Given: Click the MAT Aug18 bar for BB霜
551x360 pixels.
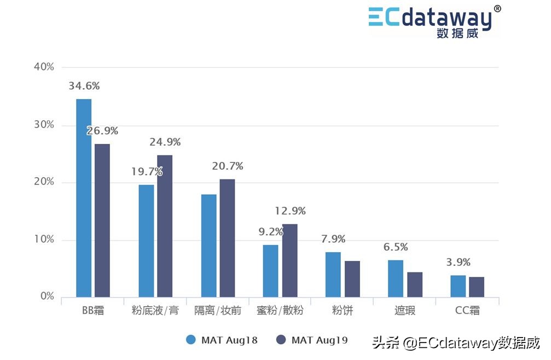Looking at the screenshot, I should click(x=84, y=198).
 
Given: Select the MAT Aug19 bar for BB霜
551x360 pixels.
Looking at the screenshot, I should click(x=102, y=220).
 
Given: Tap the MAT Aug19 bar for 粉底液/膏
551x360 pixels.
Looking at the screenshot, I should click(x=165, y=226).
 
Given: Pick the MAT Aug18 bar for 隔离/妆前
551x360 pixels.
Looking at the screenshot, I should click(x=208, y=246).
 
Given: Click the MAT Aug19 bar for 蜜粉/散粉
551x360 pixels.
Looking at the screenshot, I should click(x=290, y=260).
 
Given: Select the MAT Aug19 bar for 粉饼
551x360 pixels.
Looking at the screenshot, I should click(x=352, y=279).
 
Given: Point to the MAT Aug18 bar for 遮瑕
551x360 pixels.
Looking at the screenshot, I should click(x=396, y=278).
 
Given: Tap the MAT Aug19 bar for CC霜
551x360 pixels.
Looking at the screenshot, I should click(x=477, y=287).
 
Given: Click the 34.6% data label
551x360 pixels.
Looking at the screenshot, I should click(x=84, y=86).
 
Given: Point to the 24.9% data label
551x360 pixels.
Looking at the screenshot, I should click(x=165, y=142).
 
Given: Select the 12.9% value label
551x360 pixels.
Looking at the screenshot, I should click(x=290, y=211).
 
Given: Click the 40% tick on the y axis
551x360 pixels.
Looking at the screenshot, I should click(x=44, y=67).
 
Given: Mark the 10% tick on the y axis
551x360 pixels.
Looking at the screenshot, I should click(x=44, y=240).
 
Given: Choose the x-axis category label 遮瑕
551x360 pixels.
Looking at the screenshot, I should click(x=405, y=311).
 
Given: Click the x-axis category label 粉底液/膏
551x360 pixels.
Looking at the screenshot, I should click(x=155, y=311).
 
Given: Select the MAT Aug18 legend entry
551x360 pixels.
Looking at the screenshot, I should click(x=222, y=340).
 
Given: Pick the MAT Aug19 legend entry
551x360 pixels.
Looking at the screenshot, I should click(x=312, y=340).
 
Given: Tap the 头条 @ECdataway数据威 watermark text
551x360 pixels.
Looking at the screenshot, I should click(x=456, y=343).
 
